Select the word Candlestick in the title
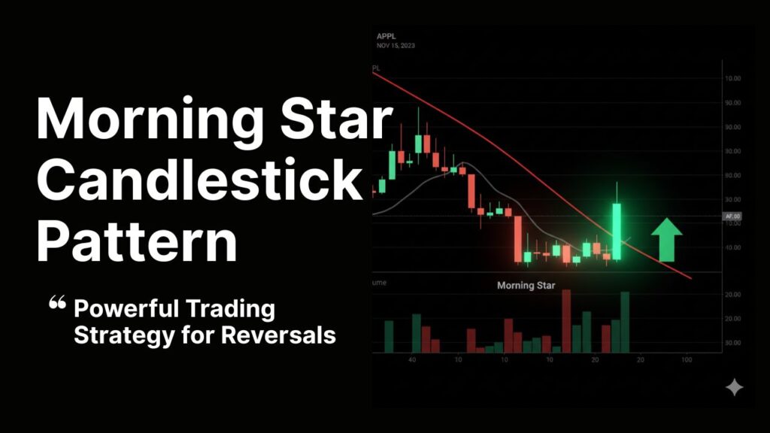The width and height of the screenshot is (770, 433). (200, 180)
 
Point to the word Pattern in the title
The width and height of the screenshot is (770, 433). (137, 241)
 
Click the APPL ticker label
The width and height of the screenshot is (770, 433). (387, 35)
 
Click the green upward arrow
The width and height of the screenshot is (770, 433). (665, 239)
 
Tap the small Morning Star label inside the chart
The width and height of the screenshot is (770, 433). (526, 286)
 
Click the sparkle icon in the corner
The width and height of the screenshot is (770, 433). (734, 387)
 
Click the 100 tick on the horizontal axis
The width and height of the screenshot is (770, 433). (687, 360)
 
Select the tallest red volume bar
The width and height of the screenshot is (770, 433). (566, 321)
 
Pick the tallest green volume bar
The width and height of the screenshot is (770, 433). (625, 322)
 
